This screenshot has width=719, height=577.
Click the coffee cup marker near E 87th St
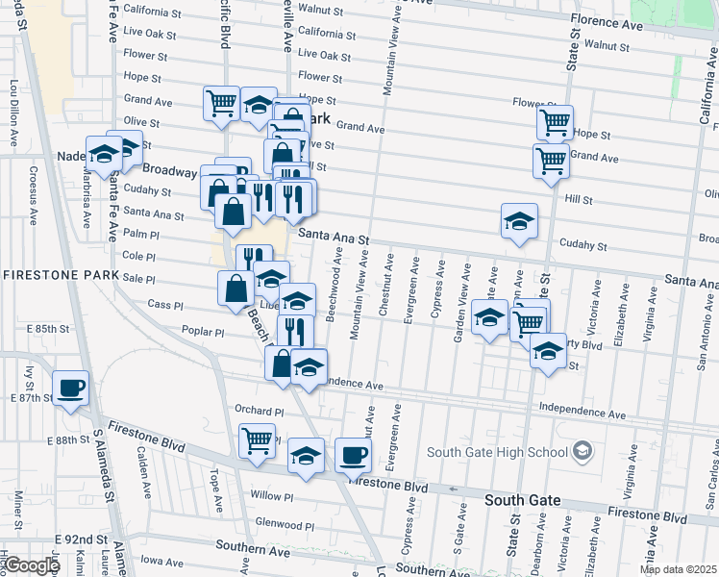click(71, 388)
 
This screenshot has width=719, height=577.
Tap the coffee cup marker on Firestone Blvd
click(353, 455)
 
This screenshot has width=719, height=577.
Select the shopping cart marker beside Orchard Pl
click(257, 441)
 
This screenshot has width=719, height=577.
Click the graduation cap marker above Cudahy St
click(519, 221)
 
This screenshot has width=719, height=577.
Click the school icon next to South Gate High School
click(580, 451)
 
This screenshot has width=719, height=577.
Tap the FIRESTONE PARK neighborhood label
click(61, 275)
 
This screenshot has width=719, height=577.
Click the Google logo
click(31, 566)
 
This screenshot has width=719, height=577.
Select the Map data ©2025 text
click(678, 569)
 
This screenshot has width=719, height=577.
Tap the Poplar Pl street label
click(203, 332)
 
